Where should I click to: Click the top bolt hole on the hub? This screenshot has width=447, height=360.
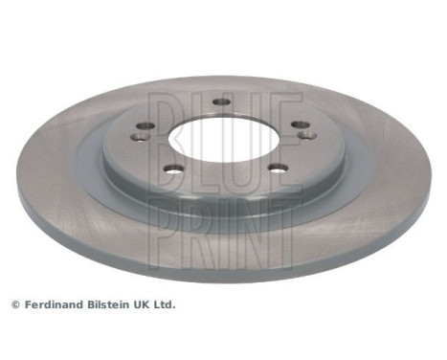pyautogui.click(x=222, y=102)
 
